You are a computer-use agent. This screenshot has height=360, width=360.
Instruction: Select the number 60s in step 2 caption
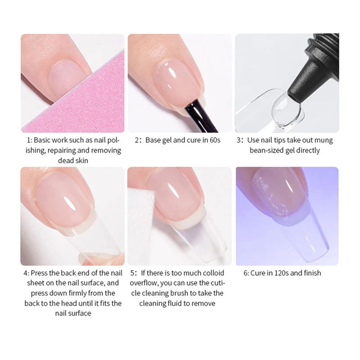tap(215, 140)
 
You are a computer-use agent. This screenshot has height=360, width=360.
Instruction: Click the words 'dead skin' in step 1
tap(73, 160)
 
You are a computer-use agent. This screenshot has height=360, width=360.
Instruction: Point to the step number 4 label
tap(26, 273)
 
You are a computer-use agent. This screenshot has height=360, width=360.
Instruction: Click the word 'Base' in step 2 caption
tap(153, 140)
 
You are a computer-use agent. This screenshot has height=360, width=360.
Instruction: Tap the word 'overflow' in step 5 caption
tap(144, 283)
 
